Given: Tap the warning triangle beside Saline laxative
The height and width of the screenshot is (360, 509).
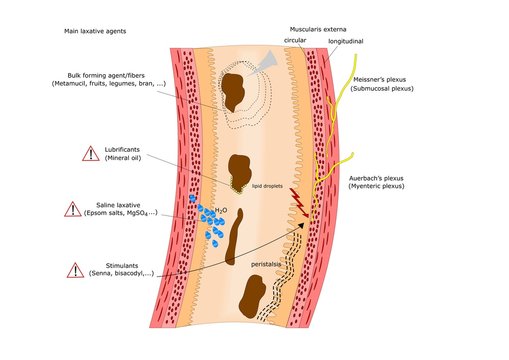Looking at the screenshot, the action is point(73,209).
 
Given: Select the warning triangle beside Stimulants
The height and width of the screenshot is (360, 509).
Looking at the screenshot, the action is point(73,269).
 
